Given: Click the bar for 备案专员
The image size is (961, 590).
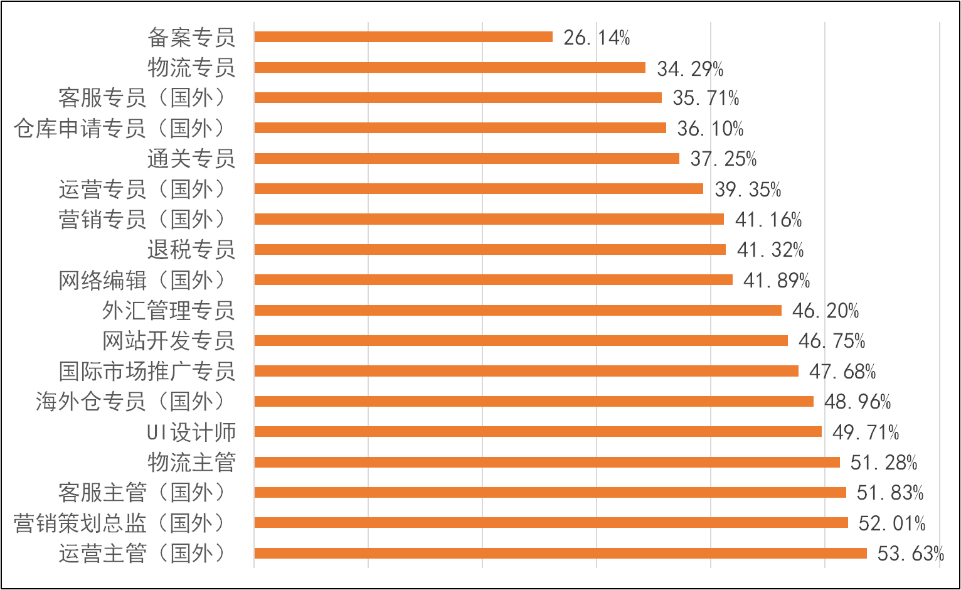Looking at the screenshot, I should click(403, 37).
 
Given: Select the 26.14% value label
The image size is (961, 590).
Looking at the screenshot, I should click(597, 38).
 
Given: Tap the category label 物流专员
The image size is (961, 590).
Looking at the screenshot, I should click(191, 68).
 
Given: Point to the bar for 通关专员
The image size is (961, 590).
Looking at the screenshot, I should click(467, 158).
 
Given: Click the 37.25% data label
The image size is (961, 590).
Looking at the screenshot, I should click(723, 159).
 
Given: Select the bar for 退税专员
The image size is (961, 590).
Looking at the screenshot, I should click(490, 249).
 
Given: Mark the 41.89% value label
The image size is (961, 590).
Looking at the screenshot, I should click(777, 281).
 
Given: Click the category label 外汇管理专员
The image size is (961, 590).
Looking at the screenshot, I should click(169, 310).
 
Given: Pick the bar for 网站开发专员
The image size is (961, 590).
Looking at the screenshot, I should click(521, 340).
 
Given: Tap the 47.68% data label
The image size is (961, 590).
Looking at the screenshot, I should click(842, 372).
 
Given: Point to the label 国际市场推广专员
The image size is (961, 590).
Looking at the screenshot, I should click(147, 371).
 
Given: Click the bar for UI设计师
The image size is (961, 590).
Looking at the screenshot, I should click(538, 431).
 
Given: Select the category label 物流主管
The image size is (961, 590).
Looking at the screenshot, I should click(191, 462).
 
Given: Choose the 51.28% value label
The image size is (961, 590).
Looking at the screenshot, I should click(884, 463).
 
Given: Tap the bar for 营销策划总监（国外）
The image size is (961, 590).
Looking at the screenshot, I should click(551, 522).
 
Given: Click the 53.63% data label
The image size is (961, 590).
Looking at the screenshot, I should click(910, 554).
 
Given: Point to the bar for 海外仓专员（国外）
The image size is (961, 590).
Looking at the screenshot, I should click(534, 401).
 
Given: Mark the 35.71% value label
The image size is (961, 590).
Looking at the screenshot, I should click(706, 98).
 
